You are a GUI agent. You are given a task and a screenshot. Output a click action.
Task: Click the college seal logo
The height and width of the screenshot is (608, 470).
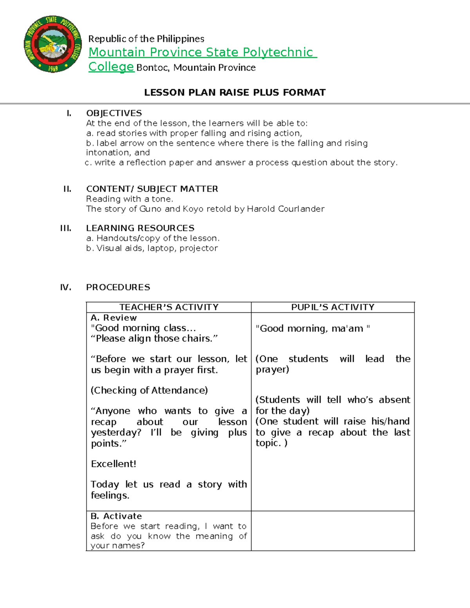(52, 44)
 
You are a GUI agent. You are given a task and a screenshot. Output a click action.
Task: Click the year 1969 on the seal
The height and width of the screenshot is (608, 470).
(53, 69)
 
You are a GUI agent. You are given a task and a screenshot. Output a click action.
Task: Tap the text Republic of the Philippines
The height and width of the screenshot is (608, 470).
(146, 39)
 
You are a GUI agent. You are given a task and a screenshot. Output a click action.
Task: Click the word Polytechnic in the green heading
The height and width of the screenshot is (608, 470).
(278, 52)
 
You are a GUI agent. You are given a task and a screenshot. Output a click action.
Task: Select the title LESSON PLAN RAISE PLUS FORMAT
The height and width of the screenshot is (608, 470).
(235, 92)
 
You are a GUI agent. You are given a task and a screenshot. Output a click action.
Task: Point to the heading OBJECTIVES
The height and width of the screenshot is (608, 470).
(114, 113)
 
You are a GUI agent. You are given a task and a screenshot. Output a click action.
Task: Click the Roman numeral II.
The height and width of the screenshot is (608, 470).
(67, 189)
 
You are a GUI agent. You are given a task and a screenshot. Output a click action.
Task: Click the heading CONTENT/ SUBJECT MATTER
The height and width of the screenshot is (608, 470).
(152, 189)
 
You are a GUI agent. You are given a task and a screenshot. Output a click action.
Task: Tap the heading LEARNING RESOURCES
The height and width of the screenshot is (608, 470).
(140, 228)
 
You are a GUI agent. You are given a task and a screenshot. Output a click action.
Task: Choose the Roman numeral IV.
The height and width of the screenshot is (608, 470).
(66, 287)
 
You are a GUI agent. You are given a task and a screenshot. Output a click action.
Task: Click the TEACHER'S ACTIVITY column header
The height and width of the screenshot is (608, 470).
(169, 307)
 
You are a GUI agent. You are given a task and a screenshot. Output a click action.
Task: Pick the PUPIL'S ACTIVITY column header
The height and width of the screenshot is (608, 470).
(333, 307)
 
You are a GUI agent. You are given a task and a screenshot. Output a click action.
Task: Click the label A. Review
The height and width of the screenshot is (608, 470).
(114, 318)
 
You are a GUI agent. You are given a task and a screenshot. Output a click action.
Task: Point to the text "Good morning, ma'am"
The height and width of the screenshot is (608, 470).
(313, 329)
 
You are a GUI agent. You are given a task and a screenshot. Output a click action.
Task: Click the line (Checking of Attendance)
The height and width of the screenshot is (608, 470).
(149, 390)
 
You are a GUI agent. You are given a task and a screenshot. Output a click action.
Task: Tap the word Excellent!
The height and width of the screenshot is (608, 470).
(114, 464)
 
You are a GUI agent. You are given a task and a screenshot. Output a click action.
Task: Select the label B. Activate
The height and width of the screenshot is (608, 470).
(116, 516)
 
